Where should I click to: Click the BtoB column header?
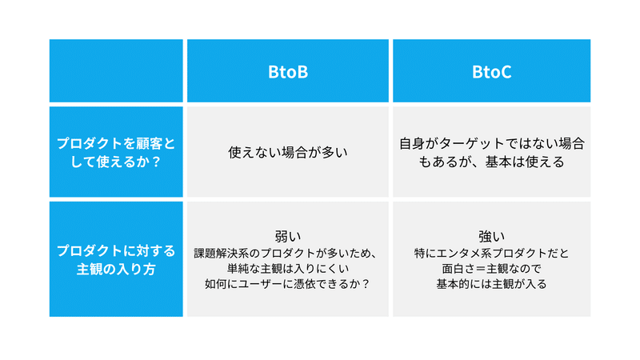click(x=288, y=72)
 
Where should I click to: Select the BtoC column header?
click(x=491, y=72)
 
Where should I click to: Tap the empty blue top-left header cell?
click(x=116, y=70)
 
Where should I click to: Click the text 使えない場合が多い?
click(x=288, y=152)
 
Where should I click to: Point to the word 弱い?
click(x=288, y=236)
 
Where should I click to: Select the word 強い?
click(x=491, y=236)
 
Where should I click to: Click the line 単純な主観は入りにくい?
click(x=288, y=269)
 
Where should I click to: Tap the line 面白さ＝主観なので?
click(x=491, y=269)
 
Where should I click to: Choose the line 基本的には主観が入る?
click(x=491, y=284)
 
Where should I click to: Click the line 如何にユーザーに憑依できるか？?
click(x=288, y=284)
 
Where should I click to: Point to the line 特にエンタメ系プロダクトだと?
click(x=491, y=253)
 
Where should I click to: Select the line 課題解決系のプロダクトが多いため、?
click(x=286, y=253)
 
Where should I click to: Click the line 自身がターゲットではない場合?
click(x=491, y=144)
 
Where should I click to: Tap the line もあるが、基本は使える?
click(x=491, y=162)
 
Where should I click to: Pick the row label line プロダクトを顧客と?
click(x=116, y=143)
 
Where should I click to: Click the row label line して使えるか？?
click(x=116, y=162)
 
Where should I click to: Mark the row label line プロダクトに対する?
click(x=116, y=250)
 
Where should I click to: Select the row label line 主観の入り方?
click(x=116, y=270)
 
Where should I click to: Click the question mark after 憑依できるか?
click(x=366, y=284)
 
